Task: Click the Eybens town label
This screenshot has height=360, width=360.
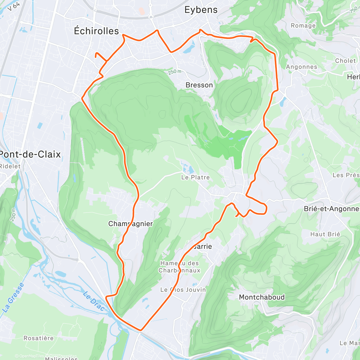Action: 201,10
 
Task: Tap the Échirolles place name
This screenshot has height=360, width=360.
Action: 96,31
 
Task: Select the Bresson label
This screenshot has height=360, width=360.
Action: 199,85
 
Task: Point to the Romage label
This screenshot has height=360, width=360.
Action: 303,26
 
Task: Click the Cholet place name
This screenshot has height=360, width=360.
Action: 345,61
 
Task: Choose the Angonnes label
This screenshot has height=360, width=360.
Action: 301,67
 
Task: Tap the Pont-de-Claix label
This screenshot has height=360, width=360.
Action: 30,154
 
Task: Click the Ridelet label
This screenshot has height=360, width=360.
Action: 10,166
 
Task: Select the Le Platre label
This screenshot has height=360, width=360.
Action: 195,177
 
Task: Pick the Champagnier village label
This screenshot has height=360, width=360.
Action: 130,224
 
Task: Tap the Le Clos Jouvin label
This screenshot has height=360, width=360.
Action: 183,290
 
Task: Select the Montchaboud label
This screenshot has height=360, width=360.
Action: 262,297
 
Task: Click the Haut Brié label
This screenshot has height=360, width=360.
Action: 325,234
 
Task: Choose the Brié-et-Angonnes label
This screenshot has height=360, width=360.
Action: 331,209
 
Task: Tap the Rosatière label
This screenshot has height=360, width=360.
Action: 38,338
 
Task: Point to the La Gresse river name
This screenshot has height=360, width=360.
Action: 13,298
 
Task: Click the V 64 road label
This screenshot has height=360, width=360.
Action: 14,7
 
